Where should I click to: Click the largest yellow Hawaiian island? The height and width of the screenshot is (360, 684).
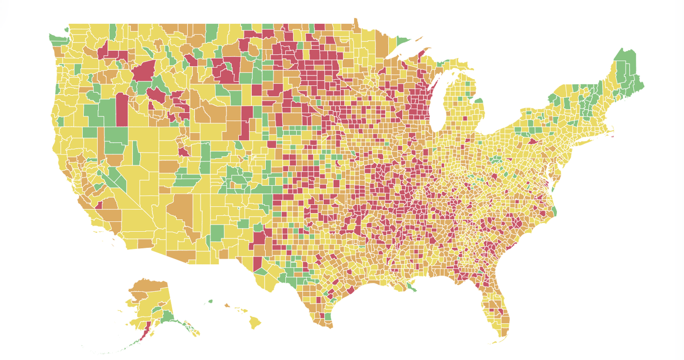255,323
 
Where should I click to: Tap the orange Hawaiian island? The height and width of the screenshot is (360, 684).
227,305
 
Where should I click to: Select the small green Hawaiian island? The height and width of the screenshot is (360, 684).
210,301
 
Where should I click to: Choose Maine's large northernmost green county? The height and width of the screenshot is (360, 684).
626,62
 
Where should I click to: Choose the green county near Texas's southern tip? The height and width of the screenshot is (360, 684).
327,317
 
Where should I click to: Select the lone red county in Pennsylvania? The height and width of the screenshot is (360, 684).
533,140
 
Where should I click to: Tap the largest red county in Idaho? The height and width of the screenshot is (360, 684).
144,71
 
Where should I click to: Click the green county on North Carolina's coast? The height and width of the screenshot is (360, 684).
554,211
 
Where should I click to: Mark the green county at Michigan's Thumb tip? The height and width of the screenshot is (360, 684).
478,101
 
